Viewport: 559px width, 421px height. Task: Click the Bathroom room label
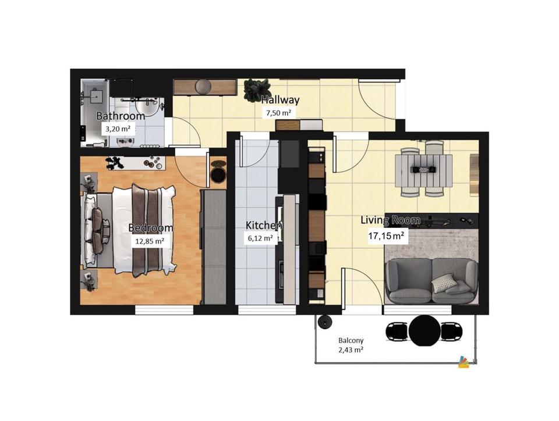[x=121, y=116]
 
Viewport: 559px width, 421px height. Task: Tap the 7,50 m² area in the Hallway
[x=278, y=113]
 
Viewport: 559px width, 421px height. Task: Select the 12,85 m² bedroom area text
[x=150, y=241]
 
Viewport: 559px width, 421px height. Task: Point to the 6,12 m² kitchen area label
[x=261, y=238]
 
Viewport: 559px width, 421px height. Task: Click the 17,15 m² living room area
[x=387, y=236]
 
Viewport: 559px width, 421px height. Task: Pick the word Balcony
[x=351, y=341]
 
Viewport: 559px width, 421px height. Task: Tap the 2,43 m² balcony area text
[x=351, y=350]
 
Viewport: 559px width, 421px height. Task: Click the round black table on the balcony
[x=424, y=331]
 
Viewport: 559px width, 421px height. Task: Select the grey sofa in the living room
[x=431, y=281]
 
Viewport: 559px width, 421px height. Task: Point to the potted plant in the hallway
[x=256, y=90]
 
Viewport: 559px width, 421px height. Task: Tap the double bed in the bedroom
[x=129, y=230]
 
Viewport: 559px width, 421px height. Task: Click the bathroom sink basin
[x=147, y=108]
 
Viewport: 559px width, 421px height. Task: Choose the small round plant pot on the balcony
[x=325, y=322]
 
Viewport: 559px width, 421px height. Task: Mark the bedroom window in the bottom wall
[x=164, y=310]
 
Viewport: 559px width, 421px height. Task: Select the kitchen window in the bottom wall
[x=267, y=310]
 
